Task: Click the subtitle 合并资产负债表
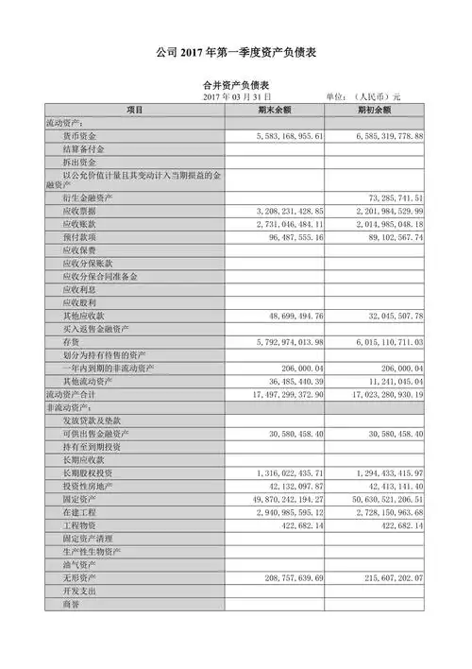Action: tap(235, 84)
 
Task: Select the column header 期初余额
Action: tap(375, 110)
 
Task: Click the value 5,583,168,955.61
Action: tap(277, 136)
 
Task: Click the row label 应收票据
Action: tap(78, 212)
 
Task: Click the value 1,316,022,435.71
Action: tap(277, 471)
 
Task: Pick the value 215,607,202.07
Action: tap(381, 576)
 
